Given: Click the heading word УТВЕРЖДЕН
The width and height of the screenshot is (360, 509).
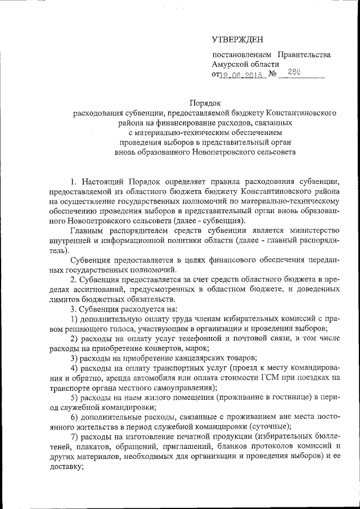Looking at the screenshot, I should point(237,39).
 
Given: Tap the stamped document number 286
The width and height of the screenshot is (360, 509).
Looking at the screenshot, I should point(294,72).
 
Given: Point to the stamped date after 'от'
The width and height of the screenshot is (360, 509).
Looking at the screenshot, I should point(242,74).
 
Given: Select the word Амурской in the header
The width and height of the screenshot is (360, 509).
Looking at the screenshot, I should point(231,64).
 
